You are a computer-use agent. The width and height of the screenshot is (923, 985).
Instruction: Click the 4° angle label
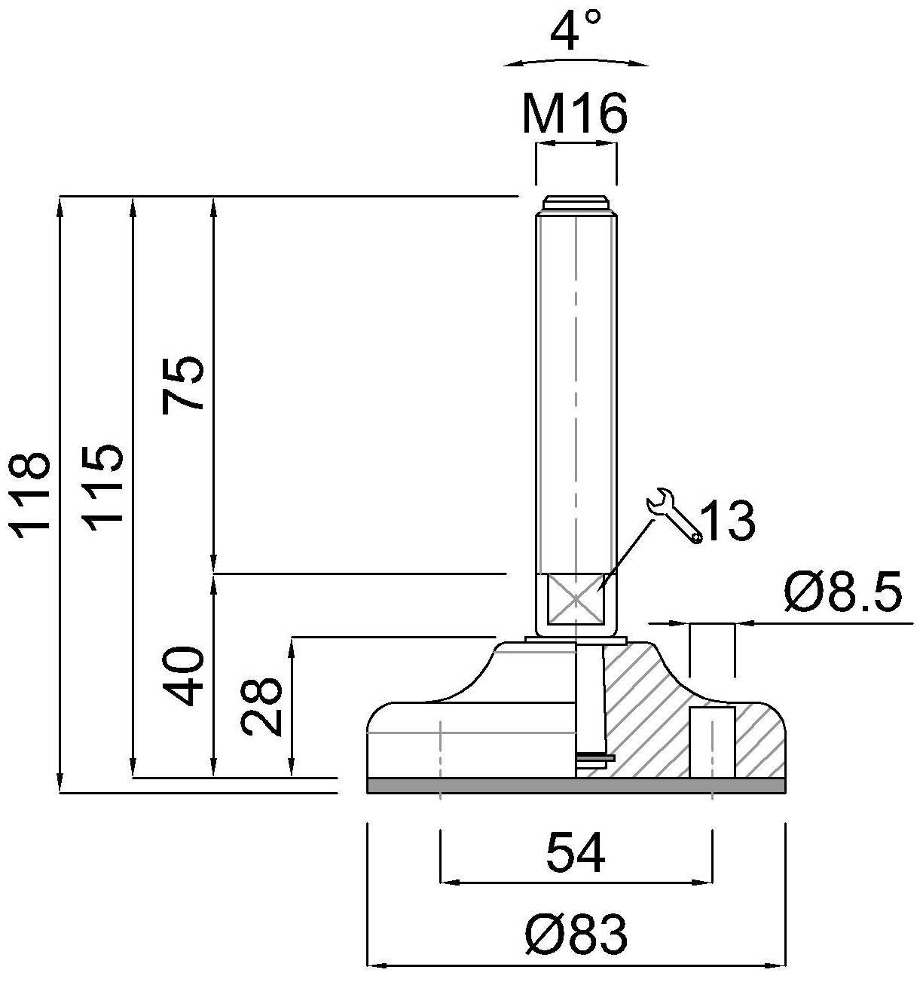click(575, 31)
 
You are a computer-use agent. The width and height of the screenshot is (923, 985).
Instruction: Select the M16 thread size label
click(575, 115)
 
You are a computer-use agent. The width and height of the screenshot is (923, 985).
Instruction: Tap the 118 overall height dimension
click(32, 493)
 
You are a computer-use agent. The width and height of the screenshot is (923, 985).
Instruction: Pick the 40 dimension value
click(183, 675)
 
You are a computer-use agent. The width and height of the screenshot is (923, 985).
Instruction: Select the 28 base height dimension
click(261, 705)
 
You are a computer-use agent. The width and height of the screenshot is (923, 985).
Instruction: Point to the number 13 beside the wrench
click(727, 520)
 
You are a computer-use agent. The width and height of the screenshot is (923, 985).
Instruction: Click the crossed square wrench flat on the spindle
click(576, 599)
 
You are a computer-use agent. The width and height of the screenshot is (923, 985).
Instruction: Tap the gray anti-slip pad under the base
click(576, 786)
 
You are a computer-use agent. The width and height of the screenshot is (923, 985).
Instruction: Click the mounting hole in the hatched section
click(712, 742)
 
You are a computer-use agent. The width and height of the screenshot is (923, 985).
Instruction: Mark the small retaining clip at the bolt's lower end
click(595, 757)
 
